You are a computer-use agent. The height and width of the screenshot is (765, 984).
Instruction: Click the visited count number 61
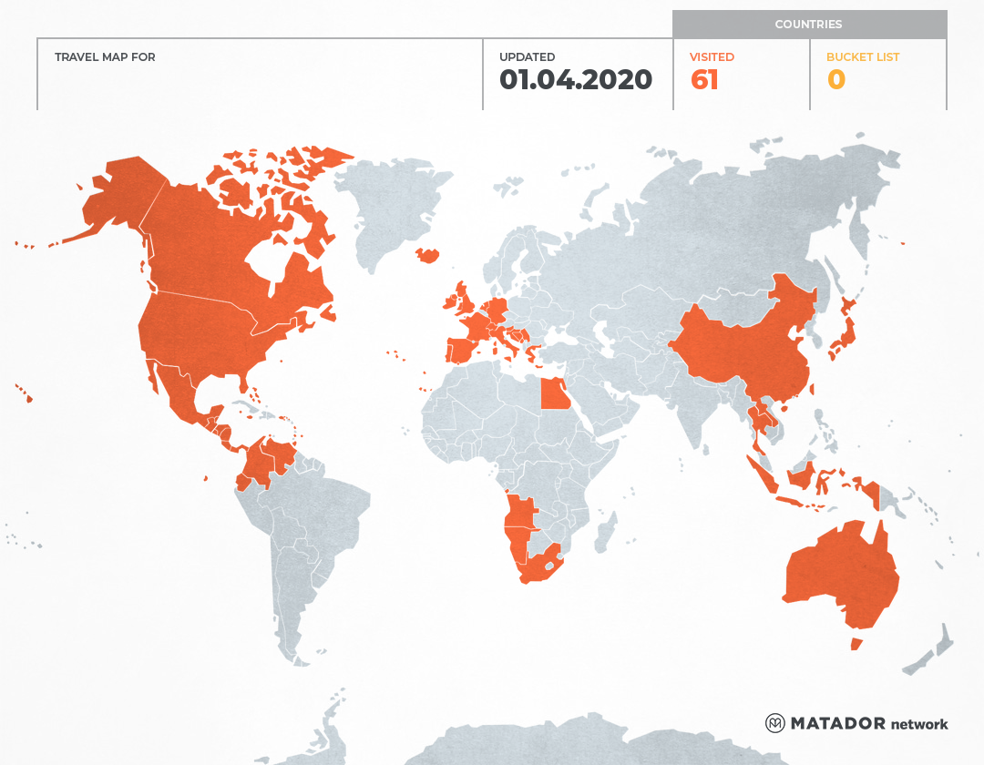[x=704, y=80]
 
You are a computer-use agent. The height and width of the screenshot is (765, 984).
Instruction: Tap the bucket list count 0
[x=835, y=80]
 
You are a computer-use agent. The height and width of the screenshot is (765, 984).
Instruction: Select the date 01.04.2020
[x=576, y=80]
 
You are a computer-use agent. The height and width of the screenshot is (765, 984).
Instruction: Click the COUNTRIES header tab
[x=808, y=25]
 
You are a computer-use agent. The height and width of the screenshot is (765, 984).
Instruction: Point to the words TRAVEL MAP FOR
[x=105, y=57]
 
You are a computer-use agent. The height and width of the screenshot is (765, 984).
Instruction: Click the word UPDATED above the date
[x=527, y=57]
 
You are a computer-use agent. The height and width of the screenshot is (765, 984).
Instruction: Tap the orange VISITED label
[x=712, y=57]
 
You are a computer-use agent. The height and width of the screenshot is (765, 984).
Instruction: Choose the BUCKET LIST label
[x=862, y=57]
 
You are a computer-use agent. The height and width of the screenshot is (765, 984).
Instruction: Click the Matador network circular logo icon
[x=774, y=723]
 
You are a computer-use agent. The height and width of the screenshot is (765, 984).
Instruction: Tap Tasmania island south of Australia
[x=856, y=644]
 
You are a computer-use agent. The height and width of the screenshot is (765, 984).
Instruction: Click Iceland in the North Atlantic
[x=426, y=256]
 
